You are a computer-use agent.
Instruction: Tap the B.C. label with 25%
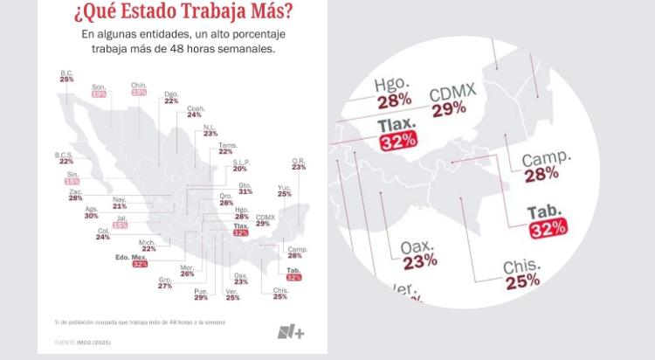pos(66,76)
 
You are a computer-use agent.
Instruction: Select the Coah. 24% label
pos(194,111)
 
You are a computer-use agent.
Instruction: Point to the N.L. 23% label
pos(210,130)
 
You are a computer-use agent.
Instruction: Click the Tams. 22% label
pos(225,148)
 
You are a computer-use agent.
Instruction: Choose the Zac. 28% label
pos(75,195)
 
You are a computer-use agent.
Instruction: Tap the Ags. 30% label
pos(92,212)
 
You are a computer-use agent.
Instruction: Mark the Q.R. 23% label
pos(299,163)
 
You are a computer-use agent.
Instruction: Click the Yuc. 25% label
pos(285,190)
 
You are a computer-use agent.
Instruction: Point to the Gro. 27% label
pos(164,283)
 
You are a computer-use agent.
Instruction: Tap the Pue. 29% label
pos(201,294)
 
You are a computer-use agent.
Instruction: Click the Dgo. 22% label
pos(171,97)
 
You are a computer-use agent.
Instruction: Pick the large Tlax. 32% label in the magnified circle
pos(398,132)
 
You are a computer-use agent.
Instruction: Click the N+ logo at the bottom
pos(290,332)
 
